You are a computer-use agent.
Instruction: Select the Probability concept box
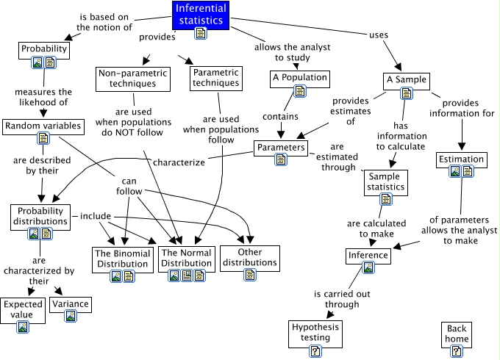tap(44, 50)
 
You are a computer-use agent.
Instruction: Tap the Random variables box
tap(42, 126)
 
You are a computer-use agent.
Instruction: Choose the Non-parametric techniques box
tap(129, 78)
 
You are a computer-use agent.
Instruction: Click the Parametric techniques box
tap(215, 78)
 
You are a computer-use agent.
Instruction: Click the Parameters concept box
tap(280, 148)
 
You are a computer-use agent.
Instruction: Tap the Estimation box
tap(461, 159)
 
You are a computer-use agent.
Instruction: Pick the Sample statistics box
tap(386, 181)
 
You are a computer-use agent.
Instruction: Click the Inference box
tap(368, 256)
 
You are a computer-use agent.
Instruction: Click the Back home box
tap(457, 334)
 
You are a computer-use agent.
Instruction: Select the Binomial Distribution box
tap(123, 259)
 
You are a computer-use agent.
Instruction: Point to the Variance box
tap(71, 304)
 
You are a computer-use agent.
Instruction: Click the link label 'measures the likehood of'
tap(41, 97)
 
